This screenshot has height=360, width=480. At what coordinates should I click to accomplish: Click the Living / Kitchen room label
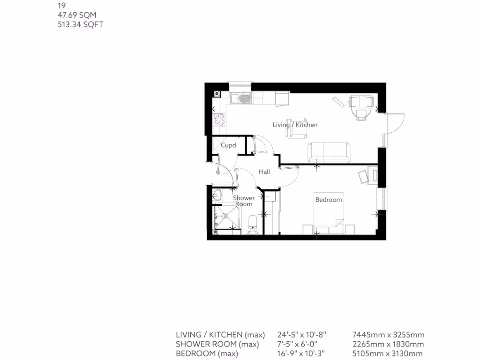tap(295, 125)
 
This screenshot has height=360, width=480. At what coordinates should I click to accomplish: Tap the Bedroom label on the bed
tap(328, 200)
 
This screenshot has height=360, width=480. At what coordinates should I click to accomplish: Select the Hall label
tap(264, 172)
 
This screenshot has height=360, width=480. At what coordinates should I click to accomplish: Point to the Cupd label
tap(228, 145)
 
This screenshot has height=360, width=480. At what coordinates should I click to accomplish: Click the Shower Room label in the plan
tap(244, 201)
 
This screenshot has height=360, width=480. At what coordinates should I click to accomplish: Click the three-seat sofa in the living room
tap(329, 152)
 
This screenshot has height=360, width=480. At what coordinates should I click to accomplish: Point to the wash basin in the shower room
tap(218, 195)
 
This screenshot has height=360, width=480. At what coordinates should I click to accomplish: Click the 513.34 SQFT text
tap(80, 24)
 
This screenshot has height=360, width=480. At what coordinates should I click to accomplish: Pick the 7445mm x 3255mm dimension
tap(388, 335)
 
